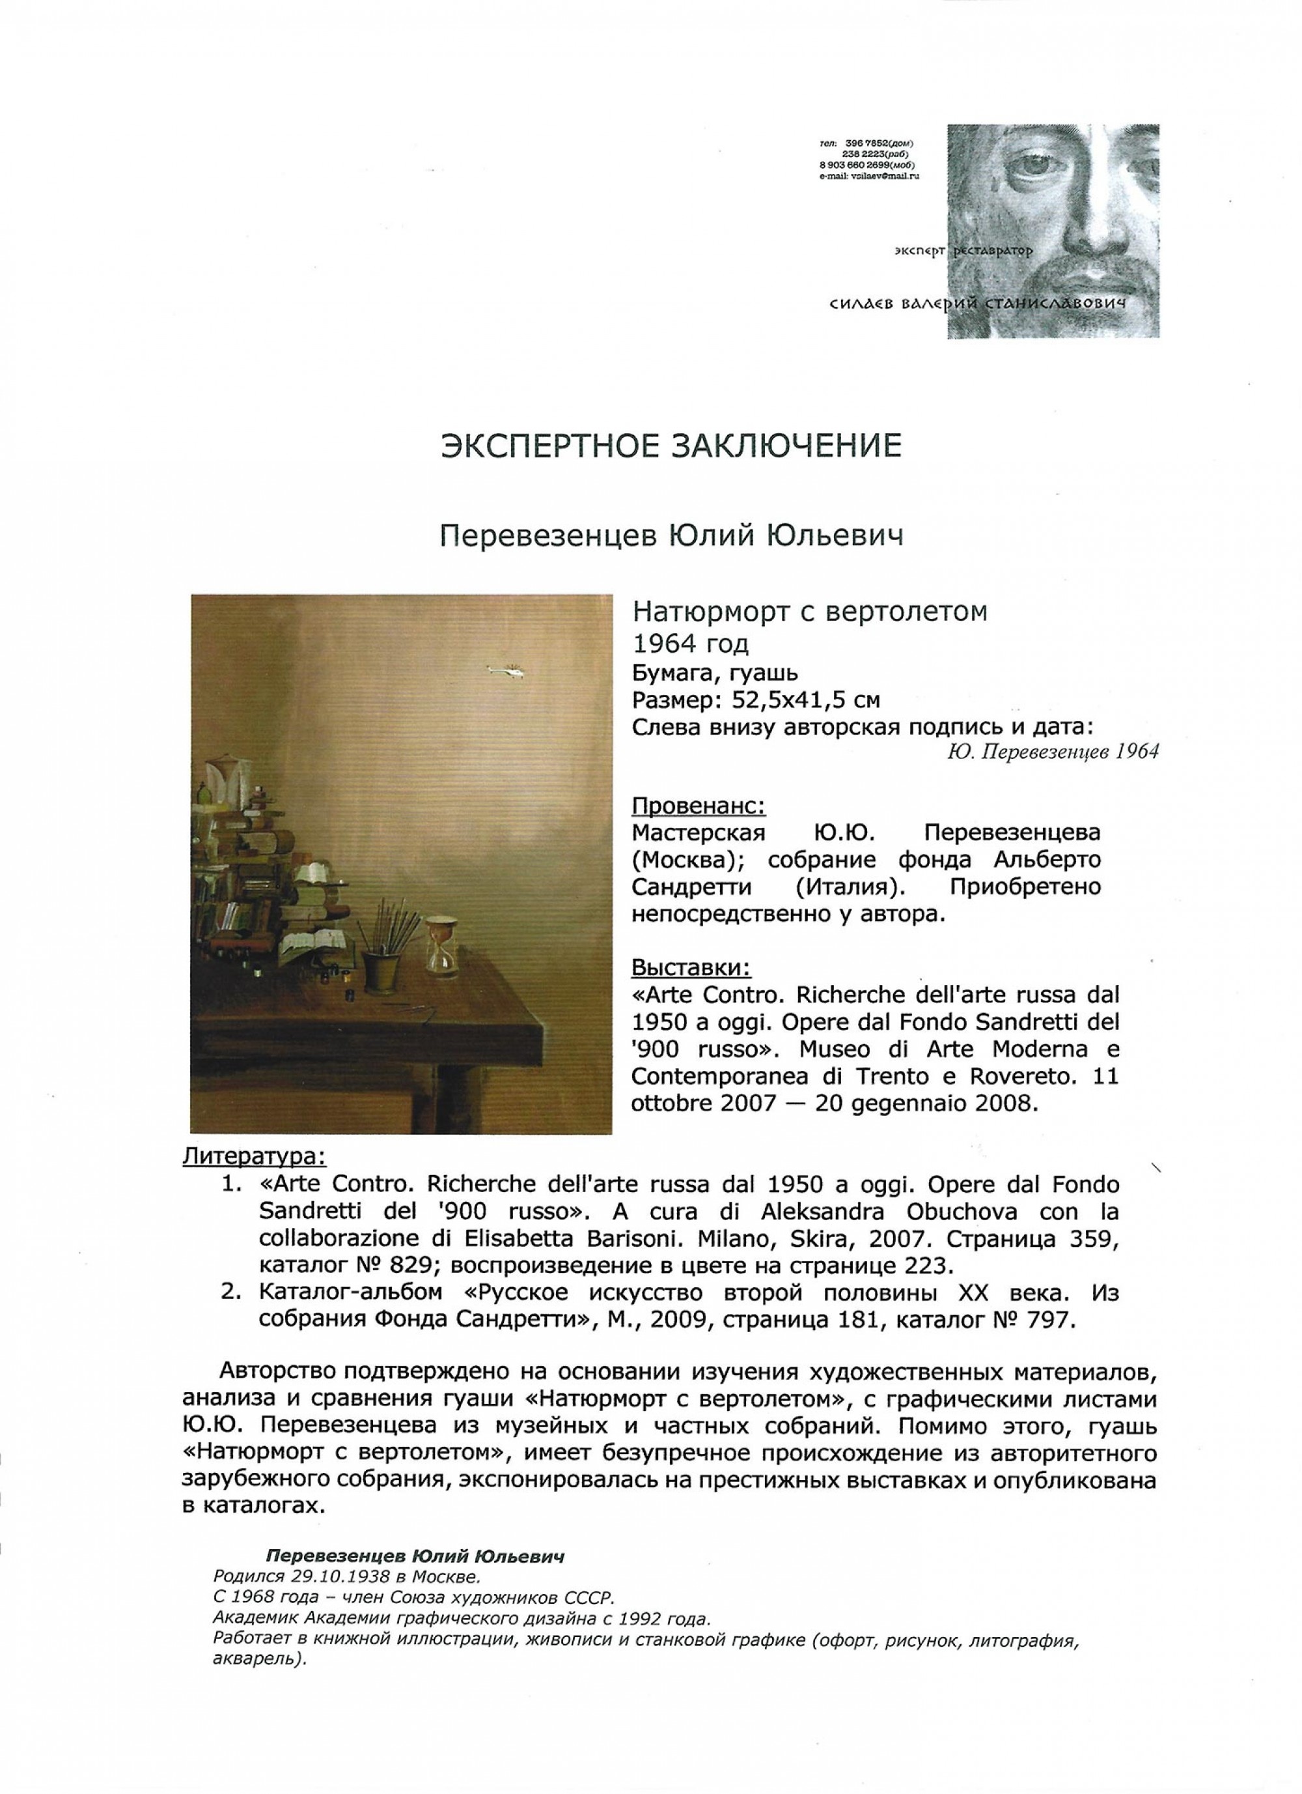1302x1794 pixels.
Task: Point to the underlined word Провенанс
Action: click(698, 806)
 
